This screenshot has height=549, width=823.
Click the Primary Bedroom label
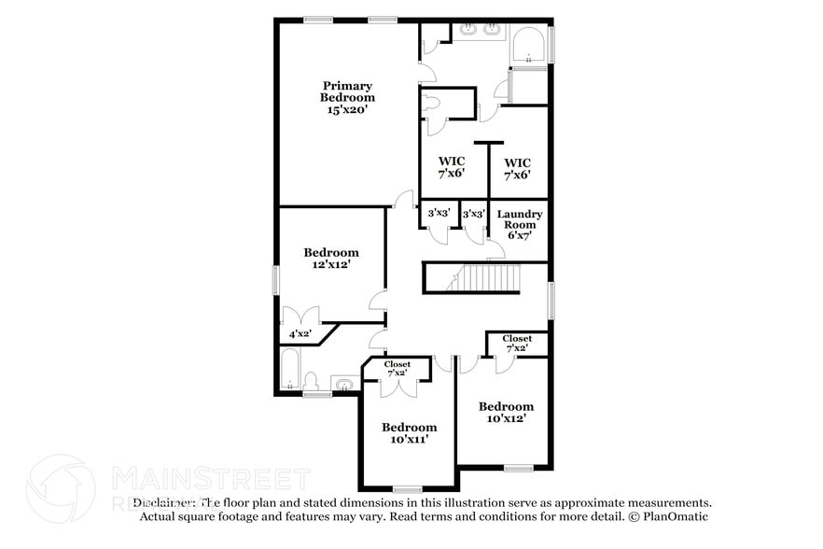click(347, 91)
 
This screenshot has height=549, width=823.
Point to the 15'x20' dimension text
click(347, 109)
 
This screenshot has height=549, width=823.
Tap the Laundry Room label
click(520, 219)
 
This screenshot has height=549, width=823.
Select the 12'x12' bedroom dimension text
click(330, 265)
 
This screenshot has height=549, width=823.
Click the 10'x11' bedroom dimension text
click(409, 439)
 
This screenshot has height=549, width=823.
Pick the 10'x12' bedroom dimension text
click(506, 418)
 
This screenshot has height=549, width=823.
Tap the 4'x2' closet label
click(300, 333)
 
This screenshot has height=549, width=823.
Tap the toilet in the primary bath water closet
click(432, 104)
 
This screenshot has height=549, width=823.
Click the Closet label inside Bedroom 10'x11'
click(398, 368)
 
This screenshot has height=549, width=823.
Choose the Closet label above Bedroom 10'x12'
click(517, 343)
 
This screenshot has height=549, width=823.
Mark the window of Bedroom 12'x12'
click(276, 280)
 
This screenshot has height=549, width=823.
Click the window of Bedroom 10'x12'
click(518, 467)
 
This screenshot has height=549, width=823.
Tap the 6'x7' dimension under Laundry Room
click(520, 236)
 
